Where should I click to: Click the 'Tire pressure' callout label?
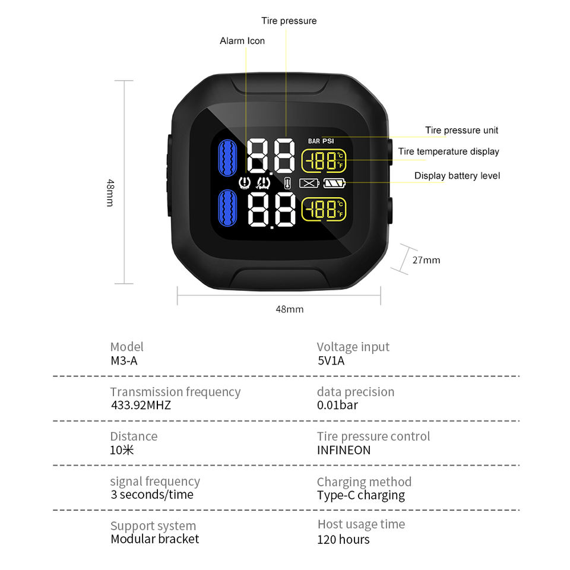point(289,21)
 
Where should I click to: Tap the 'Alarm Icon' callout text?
point(242,41)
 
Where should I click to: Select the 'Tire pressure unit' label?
point(461,130)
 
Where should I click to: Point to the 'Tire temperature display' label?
point(448,151)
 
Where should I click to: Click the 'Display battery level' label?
point(457,176)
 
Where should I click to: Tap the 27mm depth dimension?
point(426,260)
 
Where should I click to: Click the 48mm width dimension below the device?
point(289,309)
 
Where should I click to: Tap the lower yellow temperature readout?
point(324,209)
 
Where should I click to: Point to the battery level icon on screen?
point(334,183)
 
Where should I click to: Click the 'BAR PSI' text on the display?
point(321,141)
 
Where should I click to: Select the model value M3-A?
point(123,360)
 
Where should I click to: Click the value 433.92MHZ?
point(141,406)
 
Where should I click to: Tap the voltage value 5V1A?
point(331,360)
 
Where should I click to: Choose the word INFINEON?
point(344,450)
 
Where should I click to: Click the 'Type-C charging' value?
point(361,495)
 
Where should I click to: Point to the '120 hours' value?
point(343,539)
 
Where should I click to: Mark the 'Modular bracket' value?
point(155,539)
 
